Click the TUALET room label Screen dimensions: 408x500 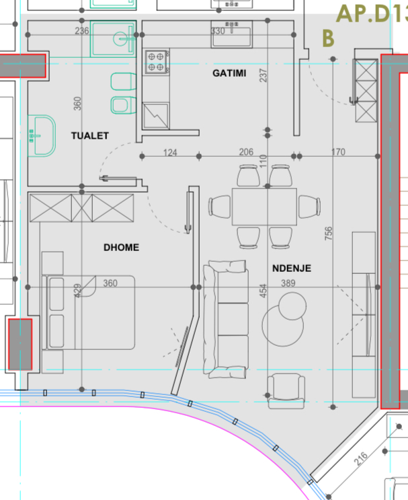point(90,136)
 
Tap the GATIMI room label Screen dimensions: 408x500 point(229,73)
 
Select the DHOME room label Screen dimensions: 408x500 point(122,248)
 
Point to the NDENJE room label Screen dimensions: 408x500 point(292,269)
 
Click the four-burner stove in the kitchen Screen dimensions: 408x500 point(156,62)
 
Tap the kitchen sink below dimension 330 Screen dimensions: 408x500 point(231,34)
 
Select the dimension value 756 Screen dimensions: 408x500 point(329,234)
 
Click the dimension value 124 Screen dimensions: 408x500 point(170,153)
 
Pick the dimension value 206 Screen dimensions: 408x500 point(246,152)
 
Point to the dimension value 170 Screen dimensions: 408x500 point(338,152)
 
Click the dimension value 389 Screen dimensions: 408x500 point(288,283)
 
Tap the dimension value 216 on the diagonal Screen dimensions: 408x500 point(361,458)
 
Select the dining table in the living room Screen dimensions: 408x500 point(264,207)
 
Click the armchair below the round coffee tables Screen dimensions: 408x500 point(286,391)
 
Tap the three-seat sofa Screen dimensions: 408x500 point(226,319)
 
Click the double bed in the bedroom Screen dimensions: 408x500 point(88,312)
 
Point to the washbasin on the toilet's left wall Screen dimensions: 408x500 point(42,136)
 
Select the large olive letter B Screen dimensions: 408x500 point(329,38)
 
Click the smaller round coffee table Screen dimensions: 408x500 point(292,306)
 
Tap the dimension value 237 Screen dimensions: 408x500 point(263,75)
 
